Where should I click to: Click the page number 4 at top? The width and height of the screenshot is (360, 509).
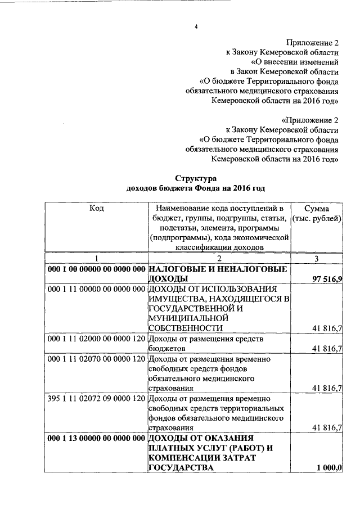[196, 27]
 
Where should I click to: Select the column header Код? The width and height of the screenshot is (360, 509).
[96, 208]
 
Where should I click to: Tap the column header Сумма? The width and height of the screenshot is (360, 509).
[317, 208]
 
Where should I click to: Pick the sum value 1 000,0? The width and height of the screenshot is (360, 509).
[329, 468]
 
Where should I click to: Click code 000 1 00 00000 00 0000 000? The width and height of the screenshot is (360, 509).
[97, 269]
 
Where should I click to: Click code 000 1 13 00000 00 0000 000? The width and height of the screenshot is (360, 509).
[97, 438]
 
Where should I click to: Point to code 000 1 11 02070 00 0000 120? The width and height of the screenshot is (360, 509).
[97, 359]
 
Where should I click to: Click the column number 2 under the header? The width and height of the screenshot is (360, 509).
[219, 259]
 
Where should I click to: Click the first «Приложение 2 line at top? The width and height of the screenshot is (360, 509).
[312, 42]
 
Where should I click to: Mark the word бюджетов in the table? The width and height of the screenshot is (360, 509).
[168, 349]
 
